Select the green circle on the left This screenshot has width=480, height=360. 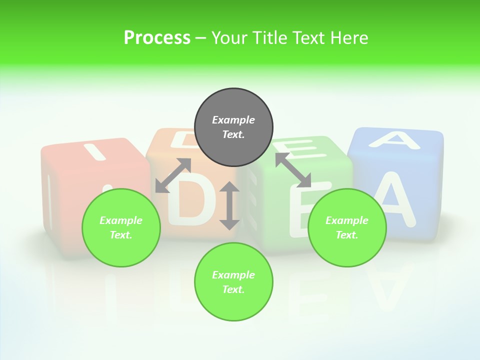tap(121, 227)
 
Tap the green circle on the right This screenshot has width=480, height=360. tap(347, 227)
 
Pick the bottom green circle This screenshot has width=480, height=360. tap(233, 282)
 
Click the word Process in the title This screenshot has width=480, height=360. tap(157, 37)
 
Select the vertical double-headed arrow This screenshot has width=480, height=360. tap(229, 205)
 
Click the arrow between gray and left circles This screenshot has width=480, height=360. tap(173, 175)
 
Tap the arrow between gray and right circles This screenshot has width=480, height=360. tap(293, 170)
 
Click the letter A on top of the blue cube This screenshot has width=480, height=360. tap(393, 139)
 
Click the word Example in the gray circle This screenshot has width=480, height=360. tap(233, 120)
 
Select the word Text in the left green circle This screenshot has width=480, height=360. tap(121, 235)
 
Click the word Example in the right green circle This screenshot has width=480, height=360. tap(347, 220)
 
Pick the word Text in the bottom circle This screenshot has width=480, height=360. tap(233, 289)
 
